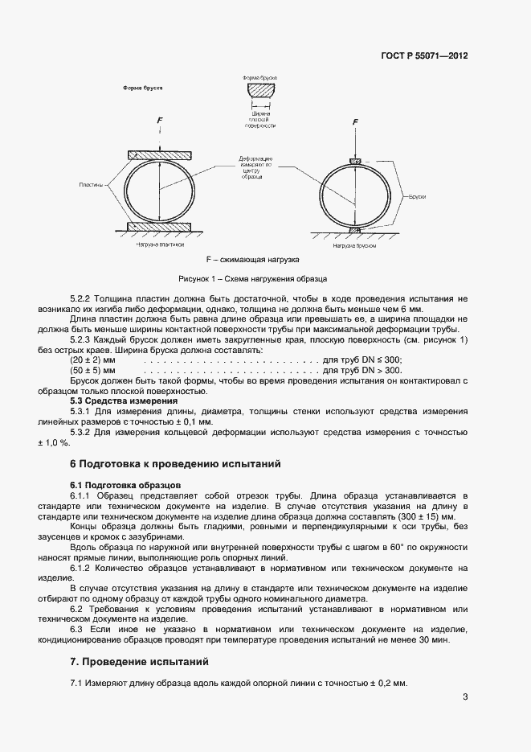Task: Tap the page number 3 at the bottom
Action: point(465,697)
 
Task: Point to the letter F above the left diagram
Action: point(159,120)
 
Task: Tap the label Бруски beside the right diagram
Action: point(417,195)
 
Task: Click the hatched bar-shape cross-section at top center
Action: point(261,91)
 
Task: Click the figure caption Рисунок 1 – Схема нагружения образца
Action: point(252,278)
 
